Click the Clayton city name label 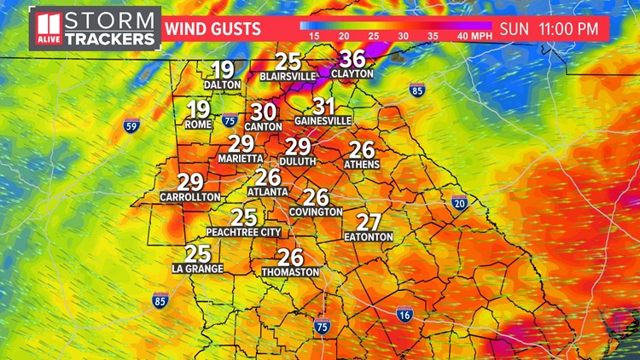352,74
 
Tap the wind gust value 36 352,59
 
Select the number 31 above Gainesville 323,107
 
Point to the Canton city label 263,126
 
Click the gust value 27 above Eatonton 369,222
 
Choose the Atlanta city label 268,192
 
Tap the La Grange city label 197,269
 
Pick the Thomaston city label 291,272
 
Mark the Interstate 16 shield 405,313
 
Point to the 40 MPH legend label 474,37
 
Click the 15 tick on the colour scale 314,37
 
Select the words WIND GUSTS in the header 212,29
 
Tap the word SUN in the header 515,28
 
